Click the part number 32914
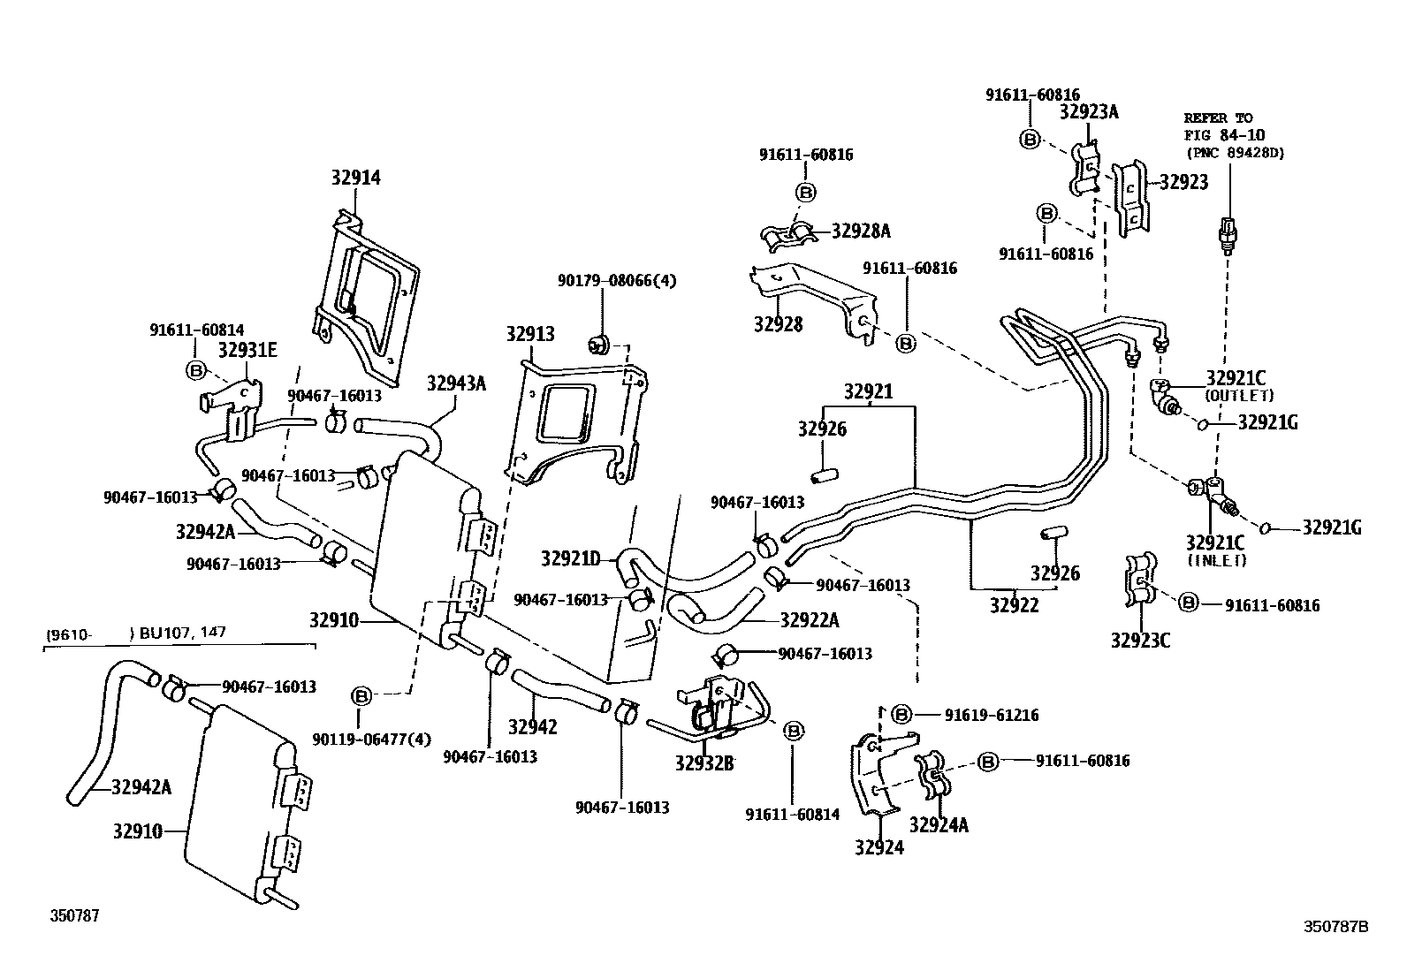pos(356,178)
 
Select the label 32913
pos(530,334)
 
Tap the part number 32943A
pos(456,383)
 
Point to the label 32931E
pos(247,350)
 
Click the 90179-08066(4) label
pos(616,280)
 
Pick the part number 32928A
pos(861,231)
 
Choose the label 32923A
pos(1089,112)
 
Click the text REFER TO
pos(1218,118)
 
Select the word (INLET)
pos(1216,559)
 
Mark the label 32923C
pos(1140,641)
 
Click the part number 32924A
pos(939,825)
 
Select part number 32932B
pos(704,764)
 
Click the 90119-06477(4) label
pos(371,739)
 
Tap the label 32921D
pos(570,558)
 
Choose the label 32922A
pos(809,619)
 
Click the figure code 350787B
pos(1336,927)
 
